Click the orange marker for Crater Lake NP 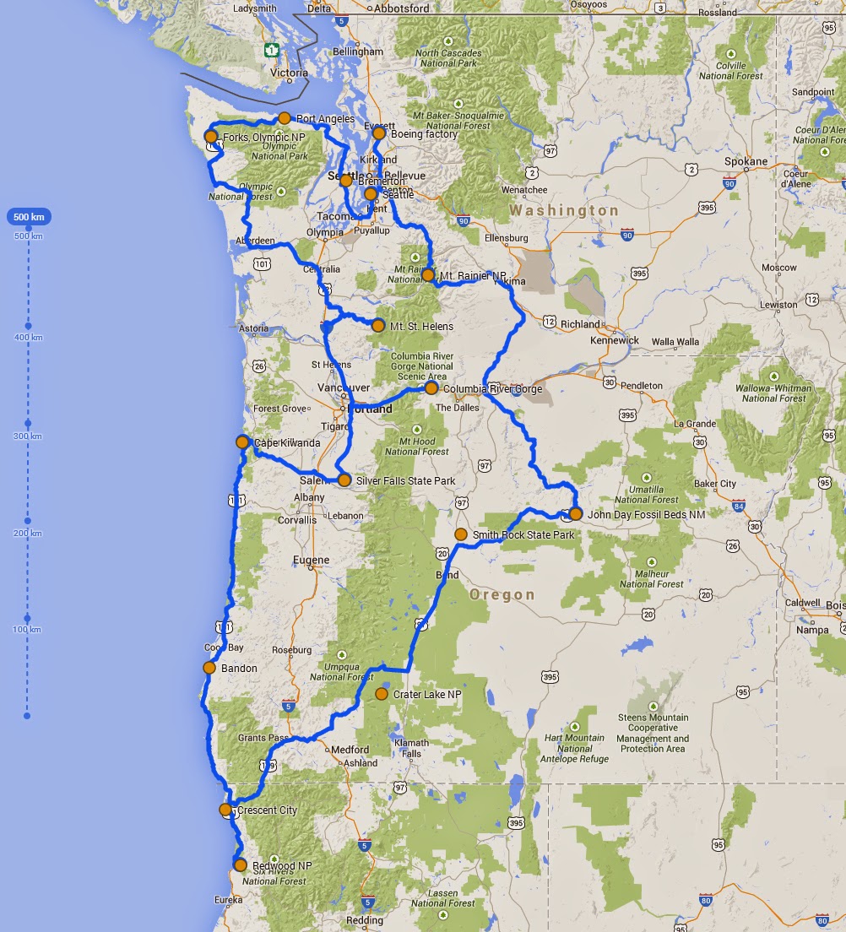click(x=381, y=694)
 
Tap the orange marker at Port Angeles click(x=285, y=118)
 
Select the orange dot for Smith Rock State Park click(x=461, y=534)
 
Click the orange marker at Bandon click(x=209, y=668)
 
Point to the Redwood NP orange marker click(x=241, y=865)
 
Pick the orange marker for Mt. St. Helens click(x=378, y=326)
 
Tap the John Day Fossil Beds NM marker click(x=575, y=513)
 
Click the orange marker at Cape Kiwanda click(x=242, y=442)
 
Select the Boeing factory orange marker click(x=379, y=133)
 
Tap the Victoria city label click(x=290, y=73)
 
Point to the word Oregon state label click(x=502, y=594)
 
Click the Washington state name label click(x=564, y=210)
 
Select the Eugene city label click(x=311, y=560)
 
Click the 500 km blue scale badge click(x=29, y=217)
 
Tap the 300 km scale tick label click(x=28, y=436)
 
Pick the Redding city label click(x=364, y=920)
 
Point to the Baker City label click(x=713, y=484)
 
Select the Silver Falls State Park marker click(x=344, y=480)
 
